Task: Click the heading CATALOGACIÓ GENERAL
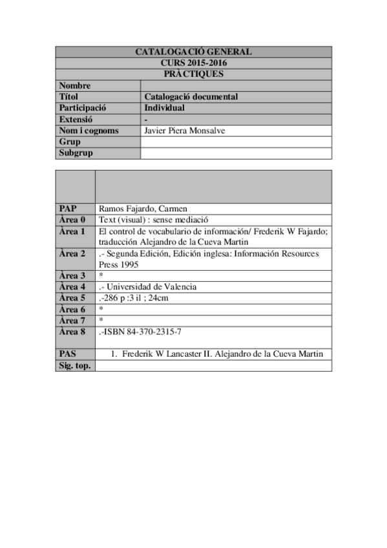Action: click(193, 52)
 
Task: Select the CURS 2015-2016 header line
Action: click(193, 63)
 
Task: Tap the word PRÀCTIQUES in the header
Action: click(193, 74)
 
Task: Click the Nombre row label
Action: click(75, 86)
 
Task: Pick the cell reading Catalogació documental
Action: click(191, 97)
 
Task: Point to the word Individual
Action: click(164, 108)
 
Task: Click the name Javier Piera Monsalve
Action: click(189, 131)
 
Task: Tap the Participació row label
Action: click(82, 108)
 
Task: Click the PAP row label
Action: click(68, 209)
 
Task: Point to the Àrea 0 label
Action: click(72, 220)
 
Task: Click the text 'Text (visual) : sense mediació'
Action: click(153, 220)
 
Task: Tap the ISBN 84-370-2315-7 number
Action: click(144, 332)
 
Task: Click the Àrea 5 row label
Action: click(72, 298)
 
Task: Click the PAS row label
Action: click(68, 353)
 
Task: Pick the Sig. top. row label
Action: click(74, 366)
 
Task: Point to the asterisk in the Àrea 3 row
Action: click(101, 276)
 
